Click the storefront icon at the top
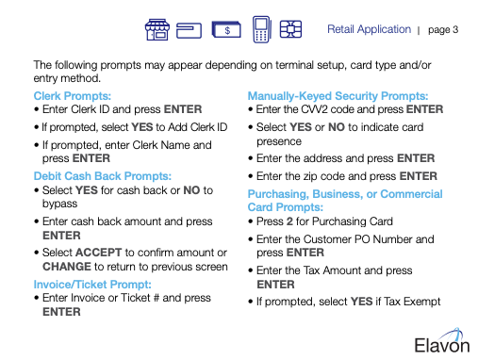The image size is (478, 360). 157,29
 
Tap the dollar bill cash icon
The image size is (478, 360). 226,29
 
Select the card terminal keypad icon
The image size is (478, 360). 261,29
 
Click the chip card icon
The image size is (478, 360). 290,29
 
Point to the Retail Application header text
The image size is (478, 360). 369,29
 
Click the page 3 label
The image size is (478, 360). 443,30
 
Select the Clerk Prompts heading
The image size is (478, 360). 73,96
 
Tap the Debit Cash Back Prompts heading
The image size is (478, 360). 103,176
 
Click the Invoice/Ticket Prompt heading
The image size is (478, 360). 92,285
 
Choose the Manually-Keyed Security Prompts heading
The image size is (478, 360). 338,96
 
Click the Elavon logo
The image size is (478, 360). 442,341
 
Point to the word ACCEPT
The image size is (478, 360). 98,253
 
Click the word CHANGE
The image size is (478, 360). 67,267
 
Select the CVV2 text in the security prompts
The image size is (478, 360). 314,109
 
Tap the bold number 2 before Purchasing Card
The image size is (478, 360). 289,221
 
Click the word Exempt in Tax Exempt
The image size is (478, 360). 422,302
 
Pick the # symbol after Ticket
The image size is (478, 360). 157,298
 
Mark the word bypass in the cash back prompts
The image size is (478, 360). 59,204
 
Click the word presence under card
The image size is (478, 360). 279,141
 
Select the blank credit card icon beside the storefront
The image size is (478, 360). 189,30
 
